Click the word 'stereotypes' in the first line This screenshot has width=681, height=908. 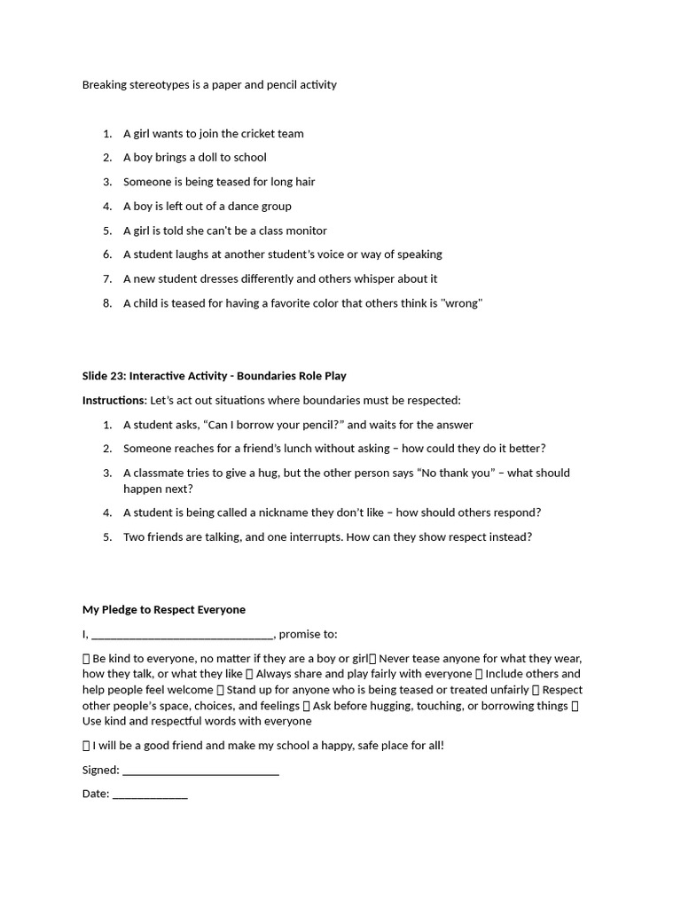[157, 85]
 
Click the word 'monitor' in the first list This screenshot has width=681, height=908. [306, 231]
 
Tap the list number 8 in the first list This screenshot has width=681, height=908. [106, 303]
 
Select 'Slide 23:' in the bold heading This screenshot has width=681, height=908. [104, 376]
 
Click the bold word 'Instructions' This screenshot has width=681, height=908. [113, 401]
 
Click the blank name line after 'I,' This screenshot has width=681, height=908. [183, 635]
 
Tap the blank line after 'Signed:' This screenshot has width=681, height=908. [200, 771]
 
